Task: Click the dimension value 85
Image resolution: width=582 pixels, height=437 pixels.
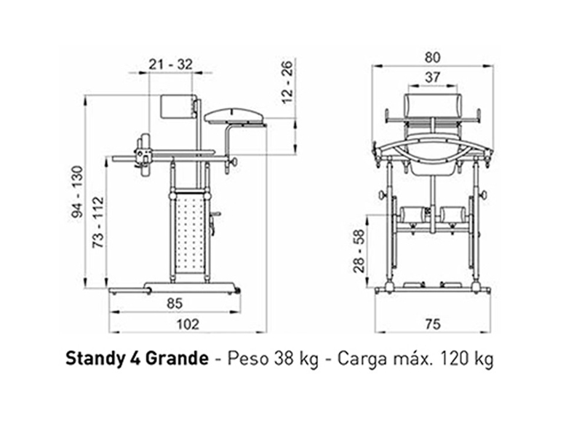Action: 174,302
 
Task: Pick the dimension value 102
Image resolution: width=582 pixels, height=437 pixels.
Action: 188,324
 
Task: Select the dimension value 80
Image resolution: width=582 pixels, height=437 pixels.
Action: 432,56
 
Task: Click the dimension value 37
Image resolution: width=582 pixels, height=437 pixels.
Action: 432,77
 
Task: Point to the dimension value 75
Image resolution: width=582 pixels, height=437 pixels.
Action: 432,324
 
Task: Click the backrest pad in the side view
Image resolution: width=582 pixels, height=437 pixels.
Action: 175,108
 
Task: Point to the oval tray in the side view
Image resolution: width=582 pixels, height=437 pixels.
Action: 234,114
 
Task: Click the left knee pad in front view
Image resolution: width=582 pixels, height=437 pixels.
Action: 412,215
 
